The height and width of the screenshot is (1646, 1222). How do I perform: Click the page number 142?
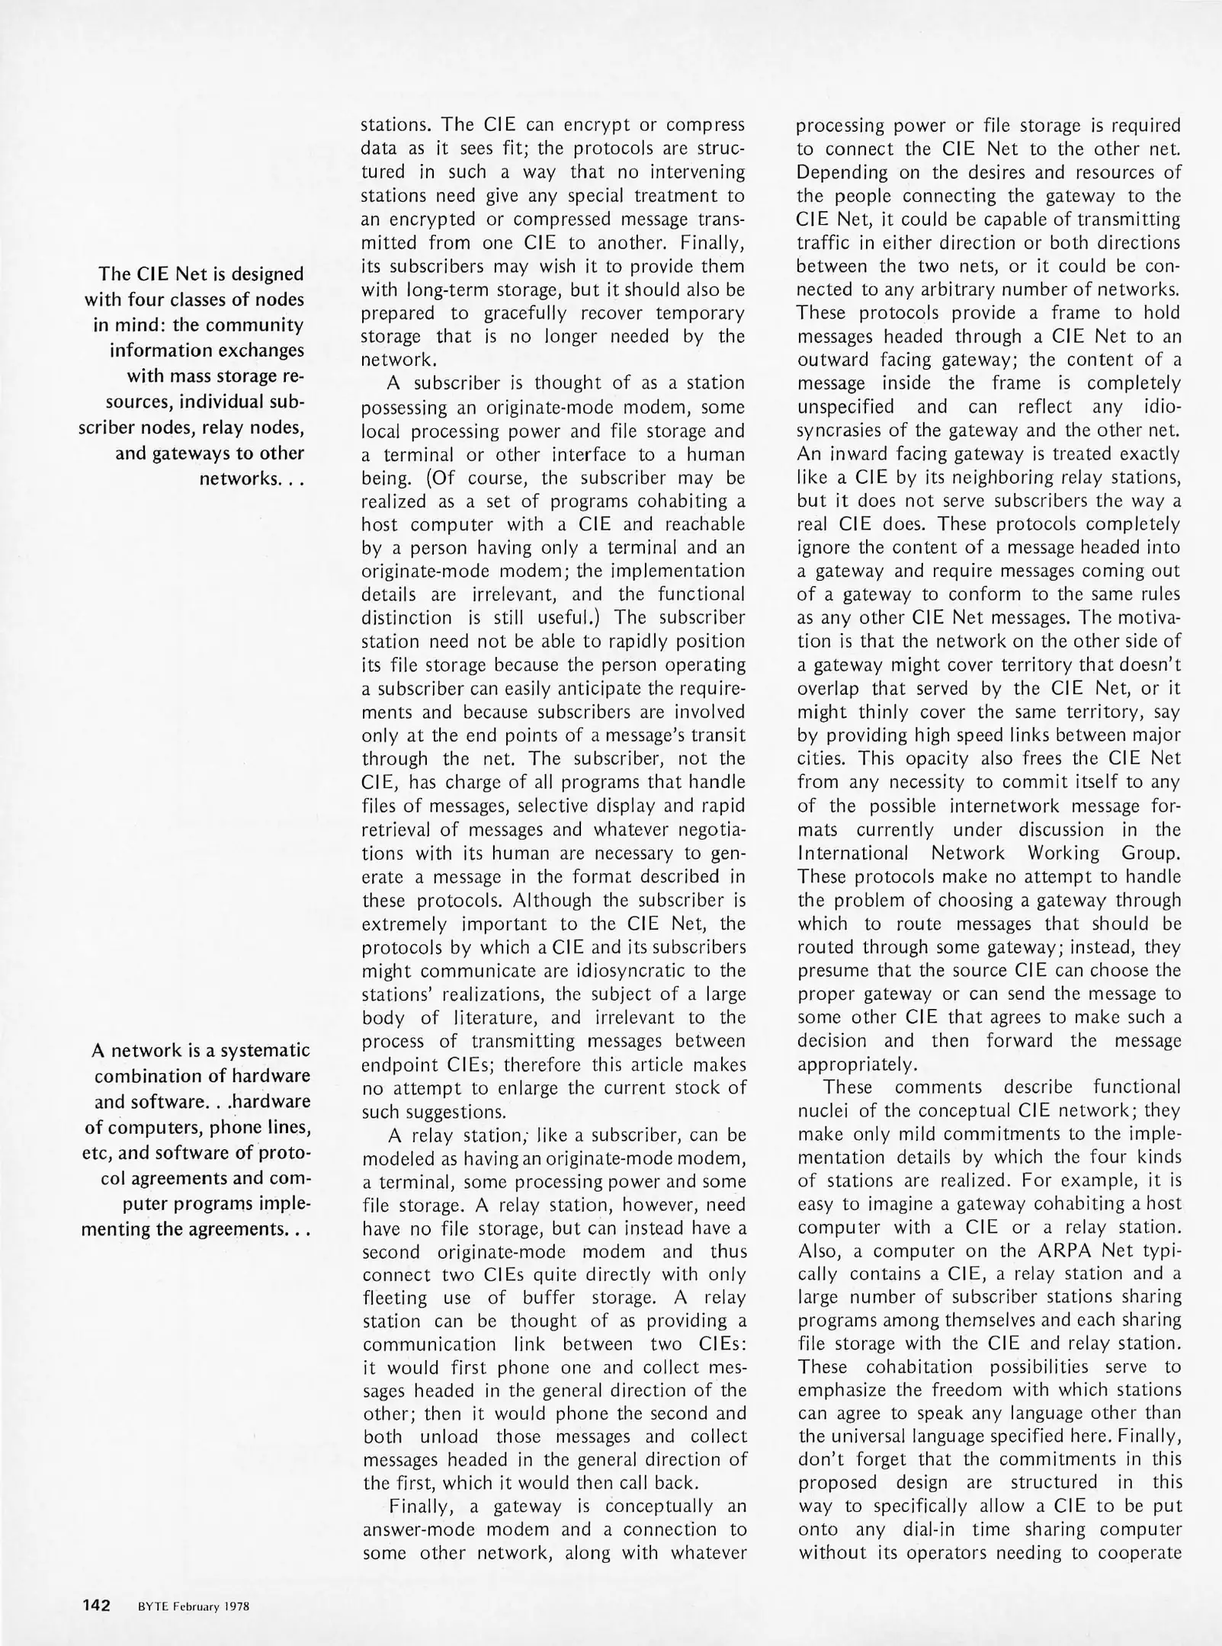(97, 1606)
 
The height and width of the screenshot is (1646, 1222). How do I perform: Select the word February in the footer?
(194, 1606)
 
